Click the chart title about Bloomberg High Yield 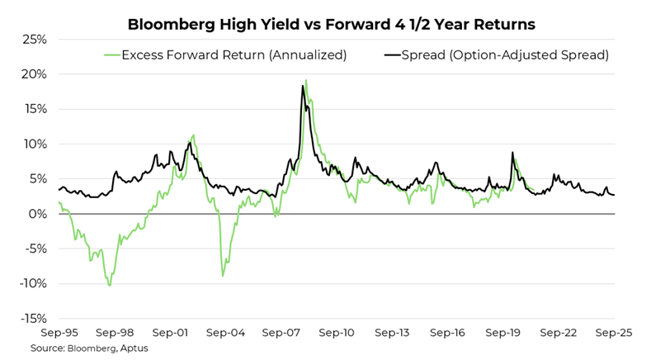point(331,25)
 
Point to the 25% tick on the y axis point(34,40)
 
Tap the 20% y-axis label point(34,74)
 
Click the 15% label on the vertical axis point(34,109)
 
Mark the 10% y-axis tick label point(34,144)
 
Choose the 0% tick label point(38,214)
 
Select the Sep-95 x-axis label point(59,333)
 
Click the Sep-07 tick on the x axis point(281,333)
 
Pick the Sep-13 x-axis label point(392,333)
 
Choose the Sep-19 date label point(503,333)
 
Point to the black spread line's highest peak point(303,85)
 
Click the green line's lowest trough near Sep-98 point(110,286)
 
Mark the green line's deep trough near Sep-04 point(223,276)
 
